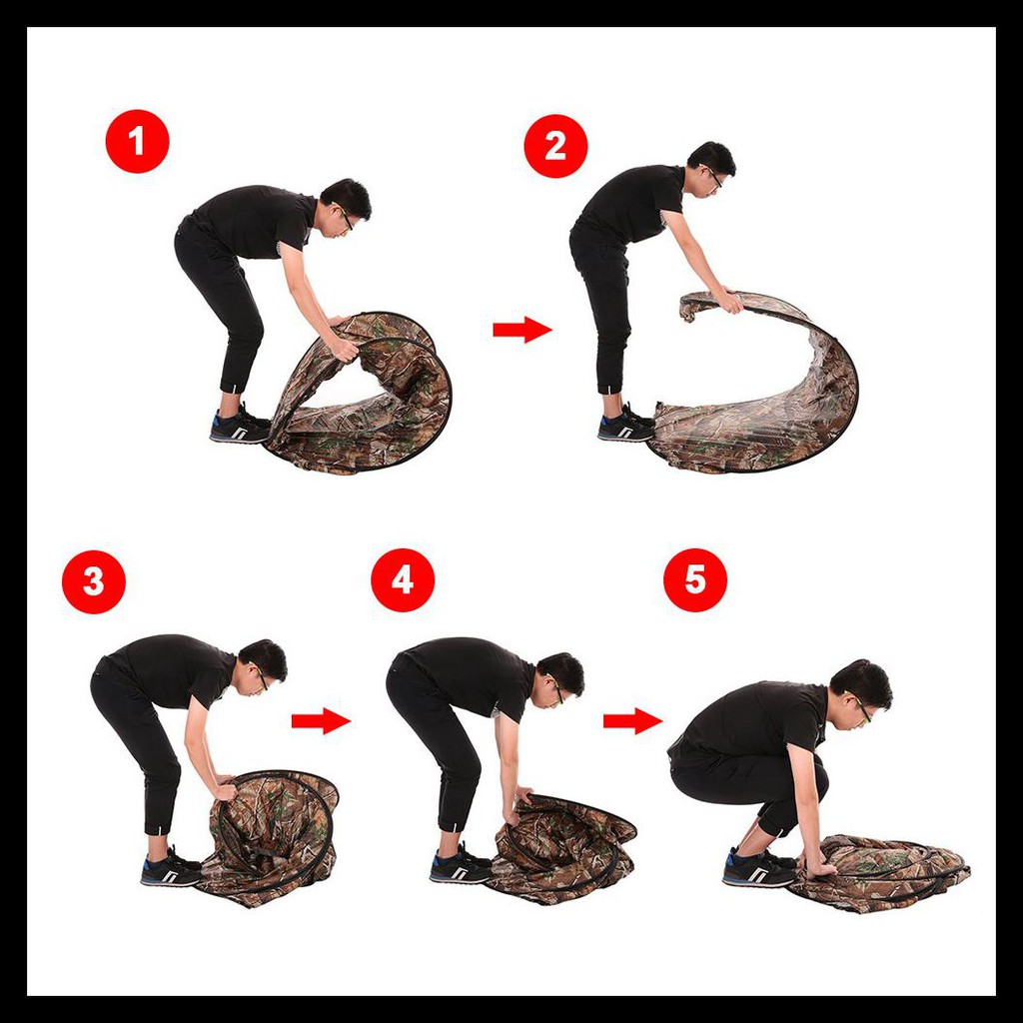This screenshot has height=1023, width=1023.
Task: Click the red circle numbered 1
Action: (x=137, y=141)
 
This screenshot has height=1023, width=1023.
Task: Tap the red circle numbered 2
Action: (x=555, y=146)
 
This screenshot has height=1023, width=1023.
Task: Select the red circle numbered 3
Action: (x=93, y=581)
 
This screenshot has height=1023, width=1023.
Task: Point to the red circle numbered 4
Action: (x=403, y=580)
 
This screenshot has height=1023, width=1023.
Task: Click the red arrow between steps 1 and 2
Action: (x=522, y=330)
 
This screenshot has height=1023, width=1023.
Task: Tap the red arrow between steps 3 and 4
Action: (x=321, y=720)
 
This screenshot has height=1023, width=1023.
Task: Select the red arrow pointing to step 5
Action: (x=632, y=720)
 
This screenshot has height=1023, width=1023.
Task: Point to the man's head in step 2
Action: (x=711, y=167)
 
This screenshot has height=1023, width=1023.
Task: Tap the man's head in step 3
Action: (x=263, y=665)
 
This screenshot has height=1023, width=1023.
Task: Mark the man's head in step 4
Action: (x=559, y=678)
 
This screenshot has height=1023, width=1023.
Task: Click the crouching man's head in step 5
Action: (x=860, y=691)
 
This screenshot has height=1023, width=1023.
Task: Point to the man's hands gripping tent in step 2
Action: (x=727, y=301)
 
